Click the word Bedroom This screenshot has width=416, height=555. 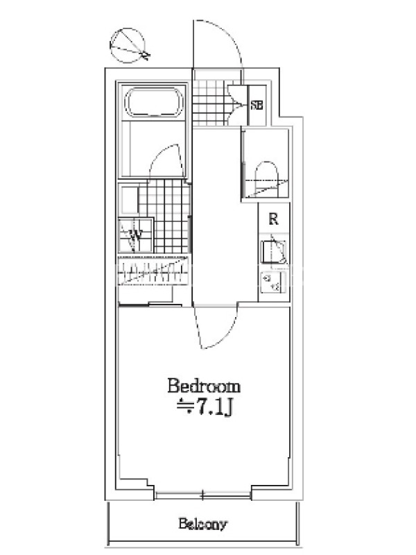[204, 386]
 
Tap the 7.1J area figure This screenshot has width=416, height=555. [214, 408]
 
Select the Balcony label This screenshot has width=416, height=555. [202, 524]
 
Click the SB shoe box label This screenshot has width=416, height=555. [257, 105]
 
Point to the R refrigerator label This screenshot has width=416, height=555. [273, 219]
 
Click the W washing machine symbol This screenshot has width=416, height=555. [136, 234]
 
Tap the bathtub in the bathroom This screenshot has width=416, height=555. [154, 101]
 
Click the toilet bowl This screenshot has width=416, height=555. [266, 179]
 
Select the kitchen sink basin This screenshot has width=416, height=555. [273, 252]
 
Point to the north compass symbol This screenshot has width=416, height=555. [128, 46]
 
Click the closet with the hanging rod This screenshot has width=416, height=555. [153, 271]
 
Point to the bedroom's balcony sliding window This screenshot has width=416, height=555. [202, 495]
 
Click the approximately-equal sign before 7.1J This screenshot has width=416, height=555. [185, 406]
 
